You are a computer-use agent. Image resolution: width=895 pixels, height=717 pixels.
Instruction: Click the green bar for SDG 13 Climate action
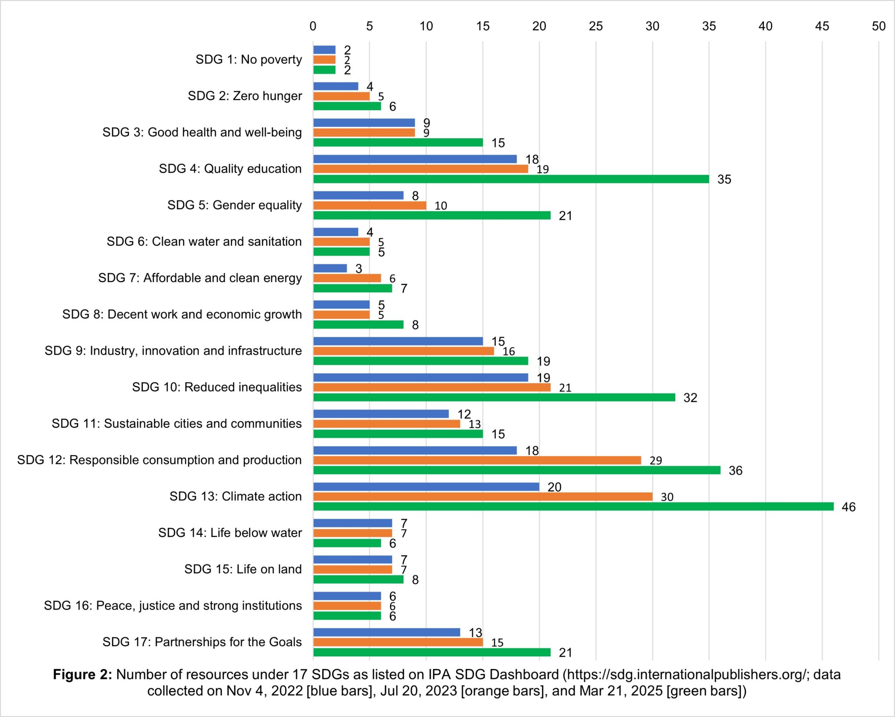(572, 506)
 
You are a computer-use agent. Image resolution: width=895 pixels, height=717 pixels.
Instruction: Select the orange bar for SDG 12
(476, 460)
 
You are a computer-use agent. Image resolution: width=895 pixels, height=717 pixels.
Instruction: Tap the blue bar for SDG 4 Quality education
(414, 159)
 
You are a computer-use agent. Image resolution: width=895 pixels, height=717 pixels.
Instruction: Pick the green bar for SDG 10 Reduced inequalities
(494, 397)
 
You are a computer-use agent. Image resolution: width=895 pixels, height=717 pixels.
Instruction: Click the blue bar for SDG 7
(330, 268)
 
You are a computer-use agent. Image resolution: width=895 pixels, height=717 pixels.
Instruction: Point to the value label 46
(848, 507)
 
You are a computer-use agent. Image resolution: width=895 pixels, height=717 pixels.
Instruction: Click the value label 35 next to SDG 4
(724, 179)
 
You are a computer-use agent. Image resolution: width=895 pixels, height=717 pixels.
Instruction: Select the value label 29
(656, 461)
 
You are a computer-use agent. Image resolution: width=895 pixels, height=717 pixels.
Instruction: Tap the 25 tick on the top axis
(596, 26)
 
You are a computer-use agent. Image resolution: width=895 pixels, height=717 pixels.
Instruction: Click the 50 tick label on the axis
(878, 26)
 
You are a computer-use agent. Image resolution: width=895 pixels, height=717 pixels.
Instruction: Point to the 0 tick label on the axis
(313, 26)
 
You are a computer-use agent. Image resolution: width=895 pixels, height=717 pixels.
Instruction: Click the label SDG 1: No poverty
(249, 59)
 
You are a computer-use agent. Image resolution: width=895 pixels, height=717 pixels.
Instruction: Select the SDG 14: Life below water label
(230, 533)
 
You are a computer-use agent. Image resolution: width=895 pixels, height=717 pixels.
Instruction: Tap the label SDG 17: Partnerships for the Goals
(202, 642)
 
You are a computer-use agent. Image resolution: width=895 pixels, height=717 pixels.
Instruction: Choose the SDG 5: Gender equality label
(234, 205)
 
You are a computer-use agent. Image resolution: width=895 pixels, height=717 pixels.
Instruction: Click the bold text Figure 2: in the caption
(83, 675)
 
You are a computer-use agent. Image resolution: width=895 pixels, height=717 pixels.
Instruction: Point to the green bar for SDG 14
(347, 543)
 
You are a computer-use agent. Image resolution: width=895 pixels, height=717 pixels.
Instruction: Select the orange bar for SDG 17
(398, 642)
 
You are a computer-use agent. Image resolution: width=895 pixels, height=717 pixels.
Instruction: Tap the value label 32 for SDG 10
(690, 398)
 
